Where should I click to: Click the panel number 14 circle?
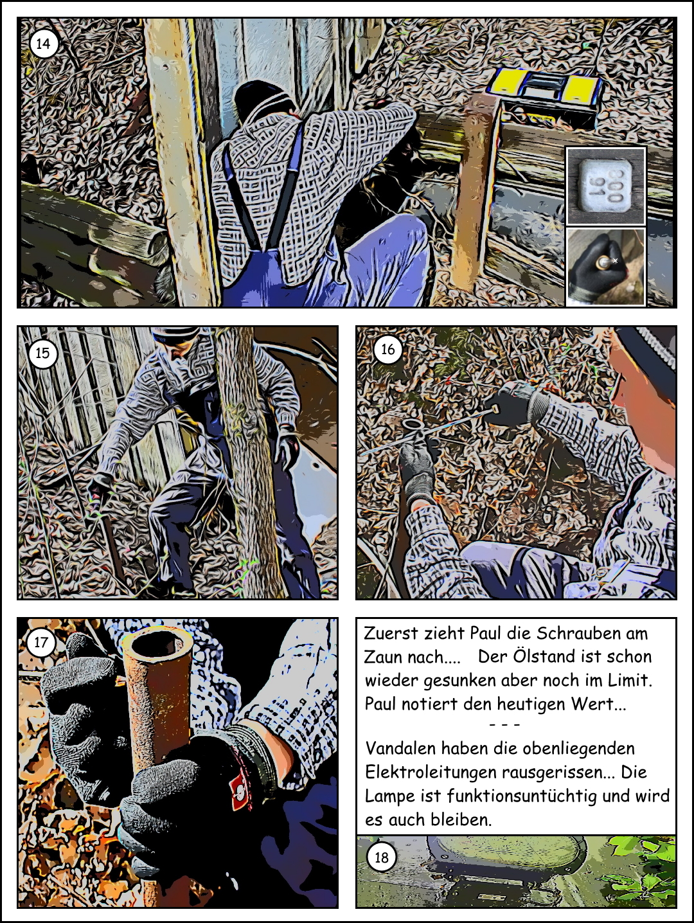pyautogui.click(x=43, y=44)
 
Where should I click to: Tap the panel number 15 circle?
pyautogui.click(x=42, y=353)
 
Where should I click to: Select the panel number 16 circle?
pyautogui.click(x=387, y=349)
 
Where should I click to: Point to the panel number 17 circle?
pyautogui.click(x=40, y=643)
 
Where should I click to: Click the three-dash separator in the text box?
pyautogui.click(x=505, y=725)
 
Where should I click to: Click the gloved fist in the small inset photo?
pyautogui.click(x=597, y=265)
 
